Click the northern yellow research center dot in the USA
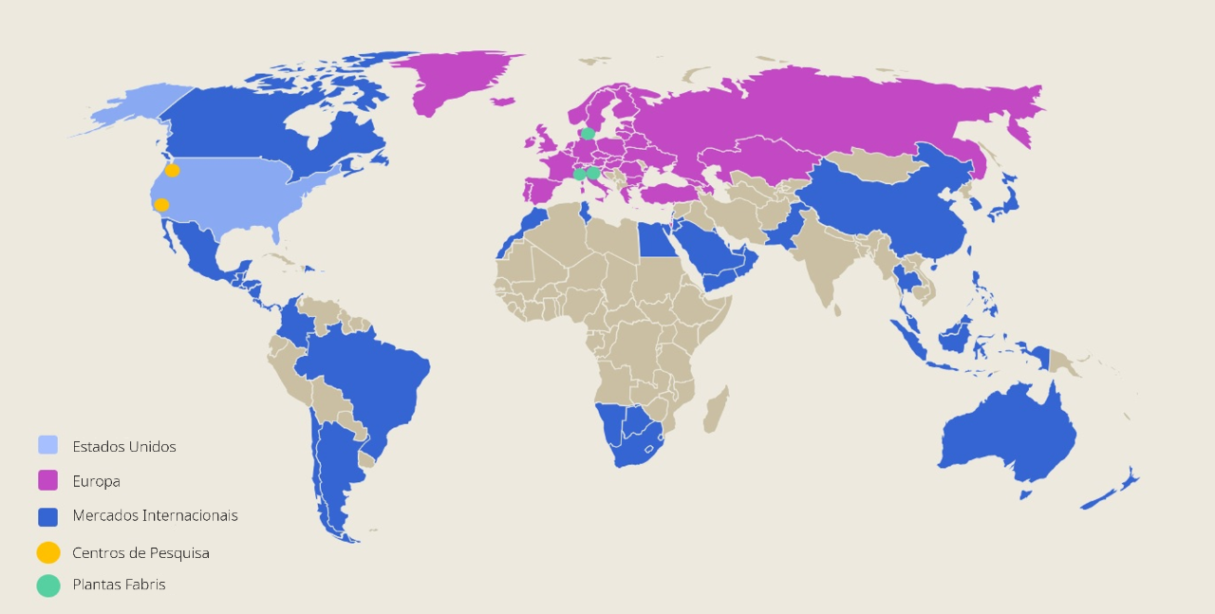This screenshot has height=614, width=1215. click(172, 171)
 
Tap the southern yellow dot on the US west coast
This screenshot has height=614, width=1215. click(161, 205)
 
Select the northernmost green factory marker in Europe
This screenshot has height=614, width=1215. click(589, 133)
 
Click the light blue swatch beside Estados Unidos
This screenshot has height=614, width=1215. click(47, 445)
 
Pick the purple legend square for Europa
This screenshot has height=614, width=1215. click(47, 480)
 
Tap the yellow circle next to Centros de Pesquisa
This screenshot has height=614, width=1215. click(47, 552)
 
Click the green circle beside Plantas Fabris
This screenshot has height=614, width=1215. click(47, 585)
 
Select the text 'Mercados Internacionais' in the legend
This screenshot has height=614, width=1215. click(155, 515)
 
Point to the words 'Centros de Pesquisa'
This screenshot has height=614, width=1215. click(140, 552)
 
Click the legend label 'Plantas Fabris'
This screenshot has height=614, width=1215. click(119, 585)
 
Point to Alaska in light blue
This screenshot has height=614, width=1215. click(133, 104)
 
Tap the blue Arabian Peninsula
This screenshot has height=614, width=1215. click(712, 256)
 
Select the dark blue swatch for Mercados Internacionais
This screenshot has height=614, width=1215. click(47, 516)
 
